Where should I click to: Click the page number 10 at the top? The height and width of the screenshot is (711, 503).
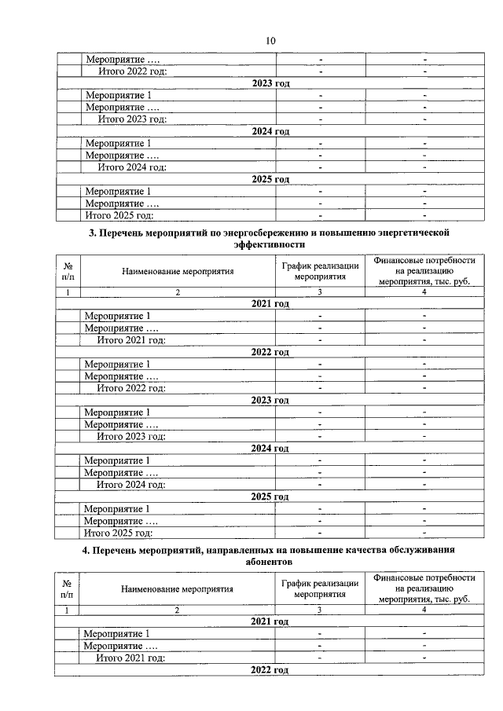click(x=270, y=41)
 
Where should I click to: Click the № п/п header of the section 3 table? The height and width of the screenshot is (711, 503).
click(x=68, y=272)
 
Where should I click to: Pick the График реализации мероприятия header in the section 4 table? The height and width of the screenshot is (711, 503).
click(x=321, y=589)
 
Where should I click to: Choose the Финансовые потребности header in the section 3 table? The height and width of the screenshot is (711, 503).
click(x=424, y=272)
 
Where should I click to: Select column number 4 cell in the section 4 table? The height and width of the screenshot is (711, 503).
click(x=424, y=610)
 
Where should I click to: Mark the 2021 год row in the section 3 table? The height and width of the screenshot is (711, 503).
click(x=270, y=304)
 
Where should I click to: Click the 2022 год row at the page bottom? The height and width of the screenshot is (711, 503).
click(x=270, y=669)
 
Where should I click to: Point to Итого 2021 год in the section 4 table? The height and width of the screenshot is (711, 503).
click(x=130, y=658)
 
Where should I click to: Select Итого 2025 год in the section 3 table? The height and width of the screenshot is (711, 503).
click(x=118, y=533)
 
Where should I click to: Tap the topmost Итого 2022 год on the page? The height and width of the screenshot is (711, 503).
click(x=132, y=71)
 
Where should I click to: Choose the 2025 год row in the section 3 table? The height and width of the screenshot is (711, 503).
click(x=270, y=497)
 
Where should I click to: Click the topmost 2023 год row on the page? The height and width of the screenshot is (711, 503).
click(x=270, y=83)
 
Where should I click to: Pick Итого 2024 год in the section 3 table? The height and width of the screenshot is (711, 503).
click(x=130, y=485)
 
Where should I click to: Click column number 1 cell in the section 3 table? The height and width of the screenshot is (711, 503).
click(x=68, y=292)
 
